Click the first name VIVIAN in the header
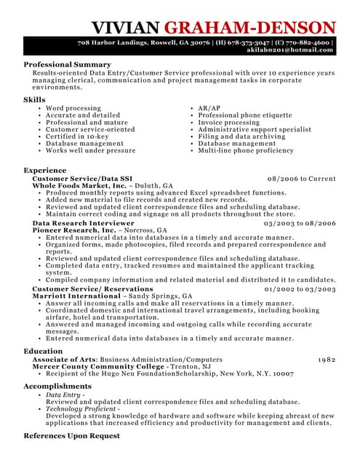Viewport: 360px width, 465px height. coord(126,28)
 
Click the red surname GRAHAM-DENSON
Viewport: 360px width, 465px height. coord(250,28)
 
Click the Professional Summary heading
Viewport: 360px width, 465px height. coord(67,65)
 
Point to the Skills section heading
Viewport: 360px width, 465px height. coord(34,100)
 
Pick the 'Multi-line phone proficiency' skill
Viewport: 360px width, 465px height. coord(246,150)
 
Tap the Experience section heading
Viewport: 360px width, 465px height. coord(45,170)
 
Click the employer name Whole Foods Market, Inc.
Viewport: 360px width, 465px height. coord(79,186)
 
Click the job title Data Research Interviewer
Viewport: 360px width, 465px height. coord(83,223)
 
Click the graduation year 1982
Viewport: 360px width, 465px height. coord(327,359)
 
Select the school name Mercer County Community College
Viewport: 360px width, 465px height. coord(98,366)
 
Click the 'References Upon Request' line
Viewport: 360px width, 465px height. coord(71,436)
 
